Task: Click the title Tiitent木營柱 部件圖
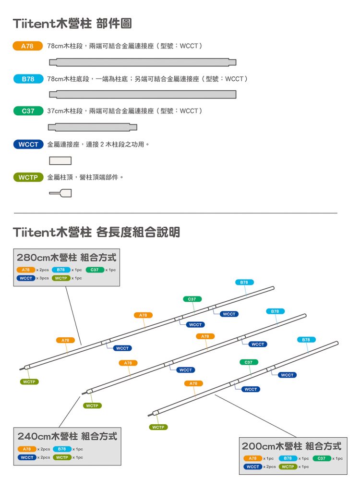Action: point(72,23)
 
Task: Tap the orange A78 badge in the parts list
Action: point(28,46)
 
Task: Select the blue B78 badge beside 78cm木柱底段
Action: point(28,78)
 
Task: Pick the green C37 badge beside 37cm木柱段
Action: point(28,111)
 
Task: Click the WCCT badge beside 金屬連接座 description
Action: point(28,144)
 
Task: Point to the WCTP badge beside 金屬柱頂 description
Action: point(28,177)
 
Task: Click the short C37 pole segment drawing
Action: point(93,127)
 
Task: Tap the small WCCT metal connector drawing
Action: point(60,161)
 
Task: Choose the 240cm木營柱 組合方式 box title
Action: point(67,437)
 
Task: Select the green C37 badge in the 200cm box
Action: point(322,458)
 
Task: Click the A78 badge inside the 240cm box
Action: point(27,449)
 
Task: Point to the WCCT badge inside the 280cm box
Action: point(26,278)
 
